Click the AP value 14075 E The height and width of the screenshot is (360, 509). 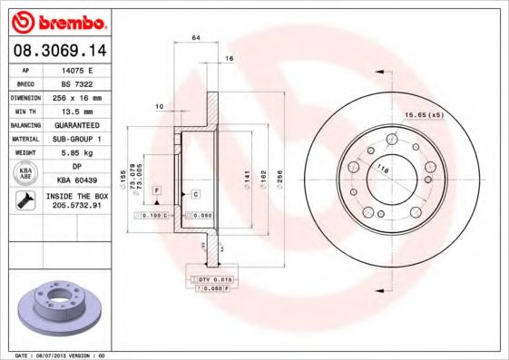(x=77, y=69)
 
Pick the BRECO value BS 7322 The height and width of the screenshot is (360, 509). (x=77, y=83)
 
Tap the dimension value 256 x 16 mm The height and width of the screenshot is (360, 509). (x=77, y=96)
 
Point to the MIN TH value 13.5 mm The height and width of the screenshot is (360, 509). (x=77, y=111)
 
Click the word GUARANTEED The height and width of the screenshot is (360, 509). (x=77, y=124)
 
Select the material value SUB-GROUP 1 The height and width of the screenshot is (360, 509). (x=77, y=139)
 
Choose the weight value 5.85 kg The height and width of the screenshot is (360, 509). (x=77, y=152)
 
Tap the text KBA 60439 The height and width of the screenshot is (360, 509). (x=77, y=180)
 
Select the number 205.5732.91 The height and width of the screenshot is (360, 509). (x=77, y=207)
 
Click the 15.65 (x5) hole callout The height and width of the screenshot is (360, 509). (x=422, y=114)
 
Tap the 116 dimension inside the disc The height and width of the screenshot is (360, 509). (x=383, y=170)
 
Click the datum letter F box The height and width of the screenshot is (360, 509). (x=157, y=189)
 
